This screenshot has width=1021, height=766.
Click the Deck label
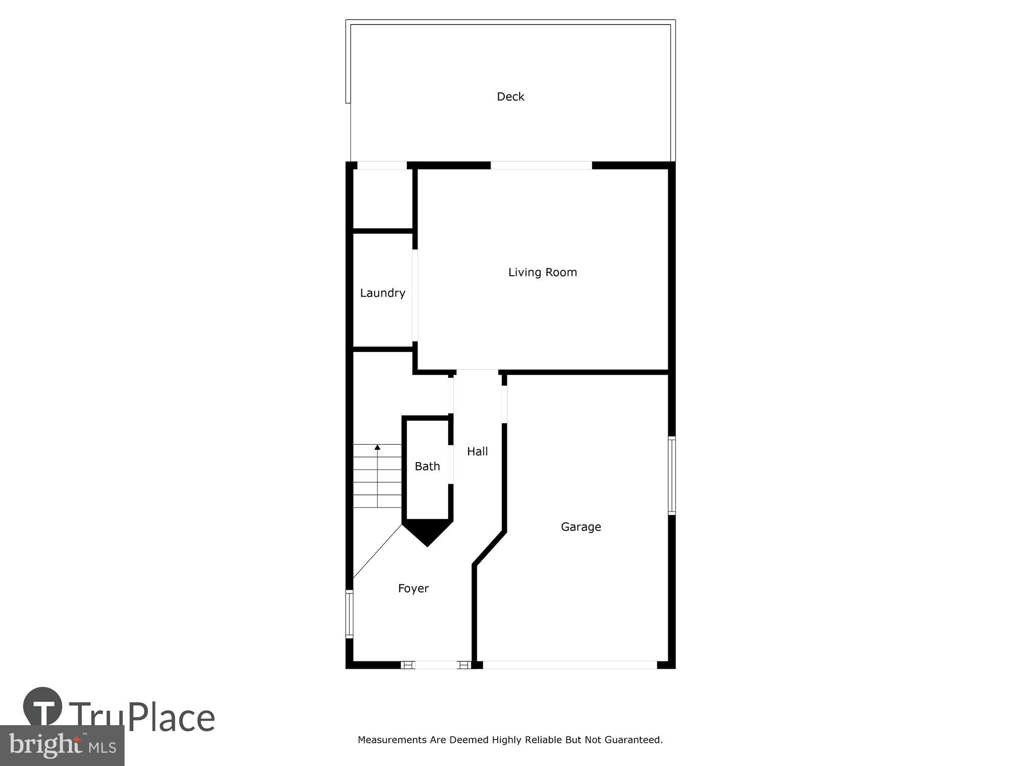510,97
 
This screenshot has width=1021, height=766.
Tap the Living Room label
542,272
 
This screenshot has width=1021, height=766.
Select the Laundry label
382,293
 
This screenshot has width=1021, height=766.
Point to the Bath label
427,466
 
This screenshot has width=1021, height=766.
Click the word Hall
477,451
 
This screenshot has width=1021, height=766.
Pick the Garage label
581,526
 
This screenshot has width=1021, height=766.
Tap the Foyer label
413,588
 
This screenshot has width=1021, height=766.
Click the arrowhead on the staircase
377,447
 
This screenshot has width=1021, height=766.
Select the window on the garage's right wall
672,475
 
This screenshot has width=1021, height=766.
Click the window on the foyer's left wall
350,614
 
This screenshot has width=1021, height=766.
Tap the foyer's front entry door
436,665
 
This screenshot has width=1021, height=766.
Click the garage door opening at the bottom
570,665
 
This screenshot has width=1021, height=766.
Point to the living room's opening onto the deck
541,165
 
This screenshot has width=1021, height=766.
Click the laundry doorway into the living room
415,295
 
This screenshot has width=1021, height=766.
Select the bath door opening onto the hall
451,464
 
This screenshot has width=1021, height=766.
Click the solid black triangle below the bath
427,531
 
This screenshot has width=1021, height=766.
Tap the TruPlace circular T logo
43,707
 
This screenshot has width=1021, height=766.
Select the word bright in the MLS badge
46,746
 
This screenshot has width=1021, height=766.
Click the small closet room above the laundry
383,199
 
